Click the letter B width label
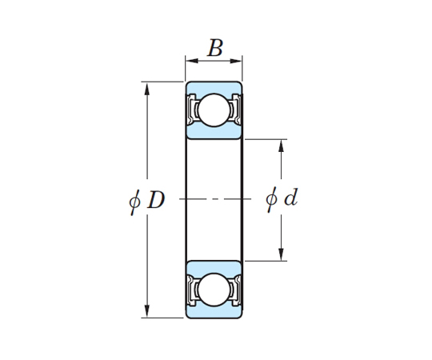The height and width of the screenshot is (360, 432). (215, 48)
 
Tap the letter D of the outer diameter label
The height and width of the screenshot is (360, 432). (156, 200)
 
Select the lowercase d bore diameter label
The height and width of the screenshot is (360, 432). (291, 197)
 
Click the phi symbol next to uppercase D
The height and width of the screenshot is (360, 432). (134, 202)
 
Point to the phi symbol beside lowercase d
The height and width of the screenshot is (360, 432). (271, 199)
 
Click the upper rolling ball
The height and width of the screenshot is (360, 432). (214, 110)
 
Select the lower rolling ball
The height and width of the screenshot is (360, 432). (214, 290)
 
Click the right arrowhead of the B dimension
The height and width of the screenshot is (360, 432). (236, 61)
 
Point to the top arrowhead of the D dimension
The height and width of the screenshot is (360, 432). (147, 89)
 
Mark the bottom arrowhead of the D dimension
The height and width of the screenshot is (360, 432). (147, 311)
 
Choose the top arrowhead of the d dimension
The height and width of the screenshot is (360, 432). (281, 146)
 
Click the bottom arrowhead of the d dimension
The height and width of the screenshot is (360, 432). (281, 254)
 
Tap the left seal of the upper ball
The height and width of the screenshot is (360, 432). (191, 110)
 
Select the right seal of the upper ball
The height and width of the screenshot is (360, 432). (236, 110)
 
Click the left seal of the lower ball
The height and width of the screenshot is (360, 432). (191, 290)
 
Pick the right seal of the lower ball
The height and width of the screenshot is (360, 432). (236, 290)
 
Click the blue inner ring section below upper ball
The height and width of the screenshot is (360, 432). (214, 132)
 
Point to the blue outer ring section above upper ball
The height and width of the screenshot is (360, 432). (214, 87)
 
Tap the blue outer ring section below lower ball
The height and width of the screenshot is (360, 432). (214, 312)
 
